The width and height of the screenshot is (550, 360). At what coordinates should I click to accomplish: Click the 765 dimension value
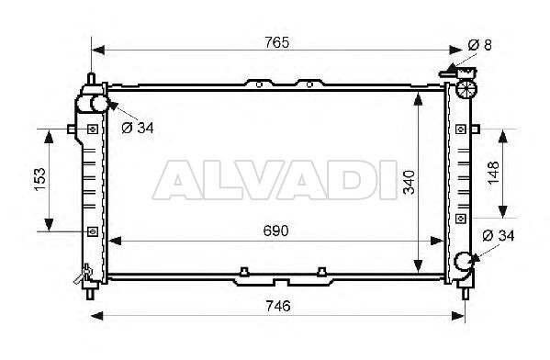pos(276,43)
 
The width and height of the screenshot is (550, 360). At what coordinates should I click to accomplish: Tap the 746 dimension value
pos(278,307)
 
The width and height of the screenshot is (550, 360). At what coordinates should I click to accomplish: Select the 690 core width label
pos(276,231)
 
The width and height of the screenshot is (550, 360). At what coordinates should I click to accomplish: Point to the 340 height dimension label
pos(409,182)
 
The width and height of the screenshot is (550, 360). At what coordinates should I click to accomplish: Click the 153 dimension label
pos(40,179)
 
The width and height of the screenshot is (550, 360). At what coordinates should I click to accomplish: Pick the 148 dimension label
pos(493,173)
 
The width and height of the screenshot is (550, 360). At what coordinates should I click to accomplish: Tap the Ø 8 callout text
pos(480,45)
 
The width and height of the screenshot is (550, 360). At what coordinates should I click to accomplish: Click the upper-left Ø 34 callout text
pos(138,128)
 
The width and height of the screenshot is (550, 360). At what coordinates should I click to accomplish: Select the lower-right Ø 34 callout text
pos(498,236)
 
